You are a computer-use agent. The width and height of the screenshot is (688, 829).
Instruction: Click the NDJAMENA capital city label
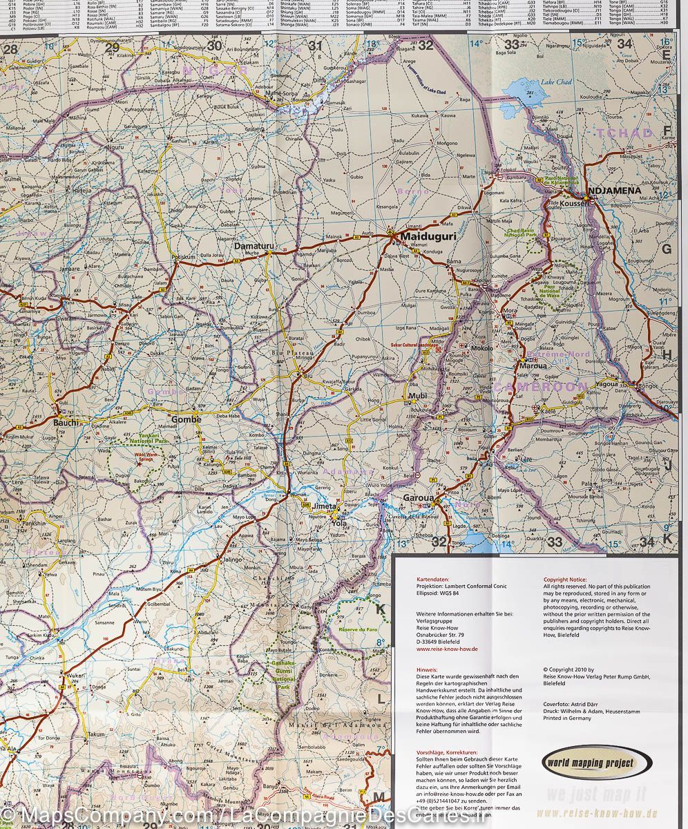pyautogui.click(x=613, y=190)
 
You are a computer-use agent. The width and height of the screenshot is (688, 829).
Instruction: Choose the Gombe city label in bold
pyautogui.click(x=186, y=419)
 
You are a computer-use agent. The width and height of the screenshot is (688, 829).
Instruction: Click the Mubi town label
pyautogui.click(x=419, y=397)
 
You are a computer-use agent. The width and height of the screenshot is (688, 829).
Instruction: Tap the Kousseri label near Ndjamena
pyautogui.click(x=573, y=204)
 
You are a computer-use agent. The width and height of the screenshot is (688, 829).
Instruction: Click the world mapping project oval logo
pyautogui.click(x=596, y=763)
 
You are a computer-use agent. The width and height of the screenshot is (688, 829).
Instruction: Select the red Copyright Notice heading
pyautogui.click(x=564, y=580)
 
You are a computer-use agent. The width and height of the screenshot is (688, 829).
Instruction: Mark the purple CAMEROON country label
pyautogui.click(x=541, y=386)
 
